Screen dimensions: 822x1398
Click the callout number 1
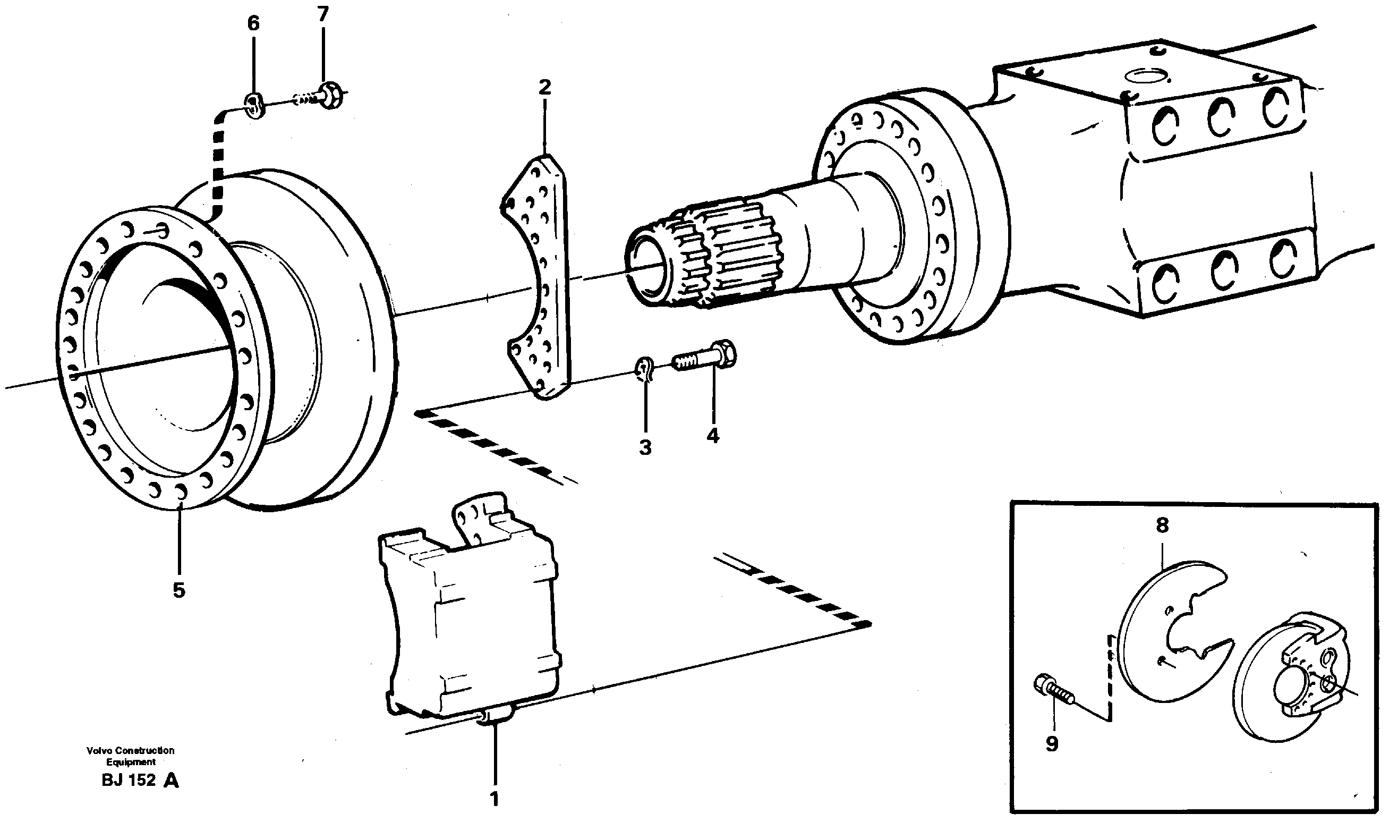click(494, 800)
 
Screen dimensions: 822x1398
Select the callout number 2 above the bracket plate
click(545, 87)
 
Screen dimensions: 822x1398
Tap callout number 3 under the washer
click(645, 447)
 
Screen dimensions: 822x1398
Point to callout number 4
click(713, 436)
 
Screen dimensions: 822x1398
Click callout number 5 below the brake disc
click(178, 590)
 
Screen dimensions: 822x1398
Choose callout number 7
click(323, 14)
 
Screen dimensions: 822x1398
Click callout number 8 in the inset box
click(1162, 525)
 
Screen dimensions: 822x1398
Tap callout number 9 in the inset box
click(1052, 744)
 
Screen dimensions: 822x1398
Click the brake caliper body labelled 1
click(472, 622)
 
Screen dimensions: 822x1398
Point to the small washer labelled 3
click(644, 369)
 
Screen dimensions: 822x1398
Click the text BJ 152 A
click(140, 781)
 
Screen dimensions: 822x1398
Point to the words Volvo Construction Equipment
click(130, 756)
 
